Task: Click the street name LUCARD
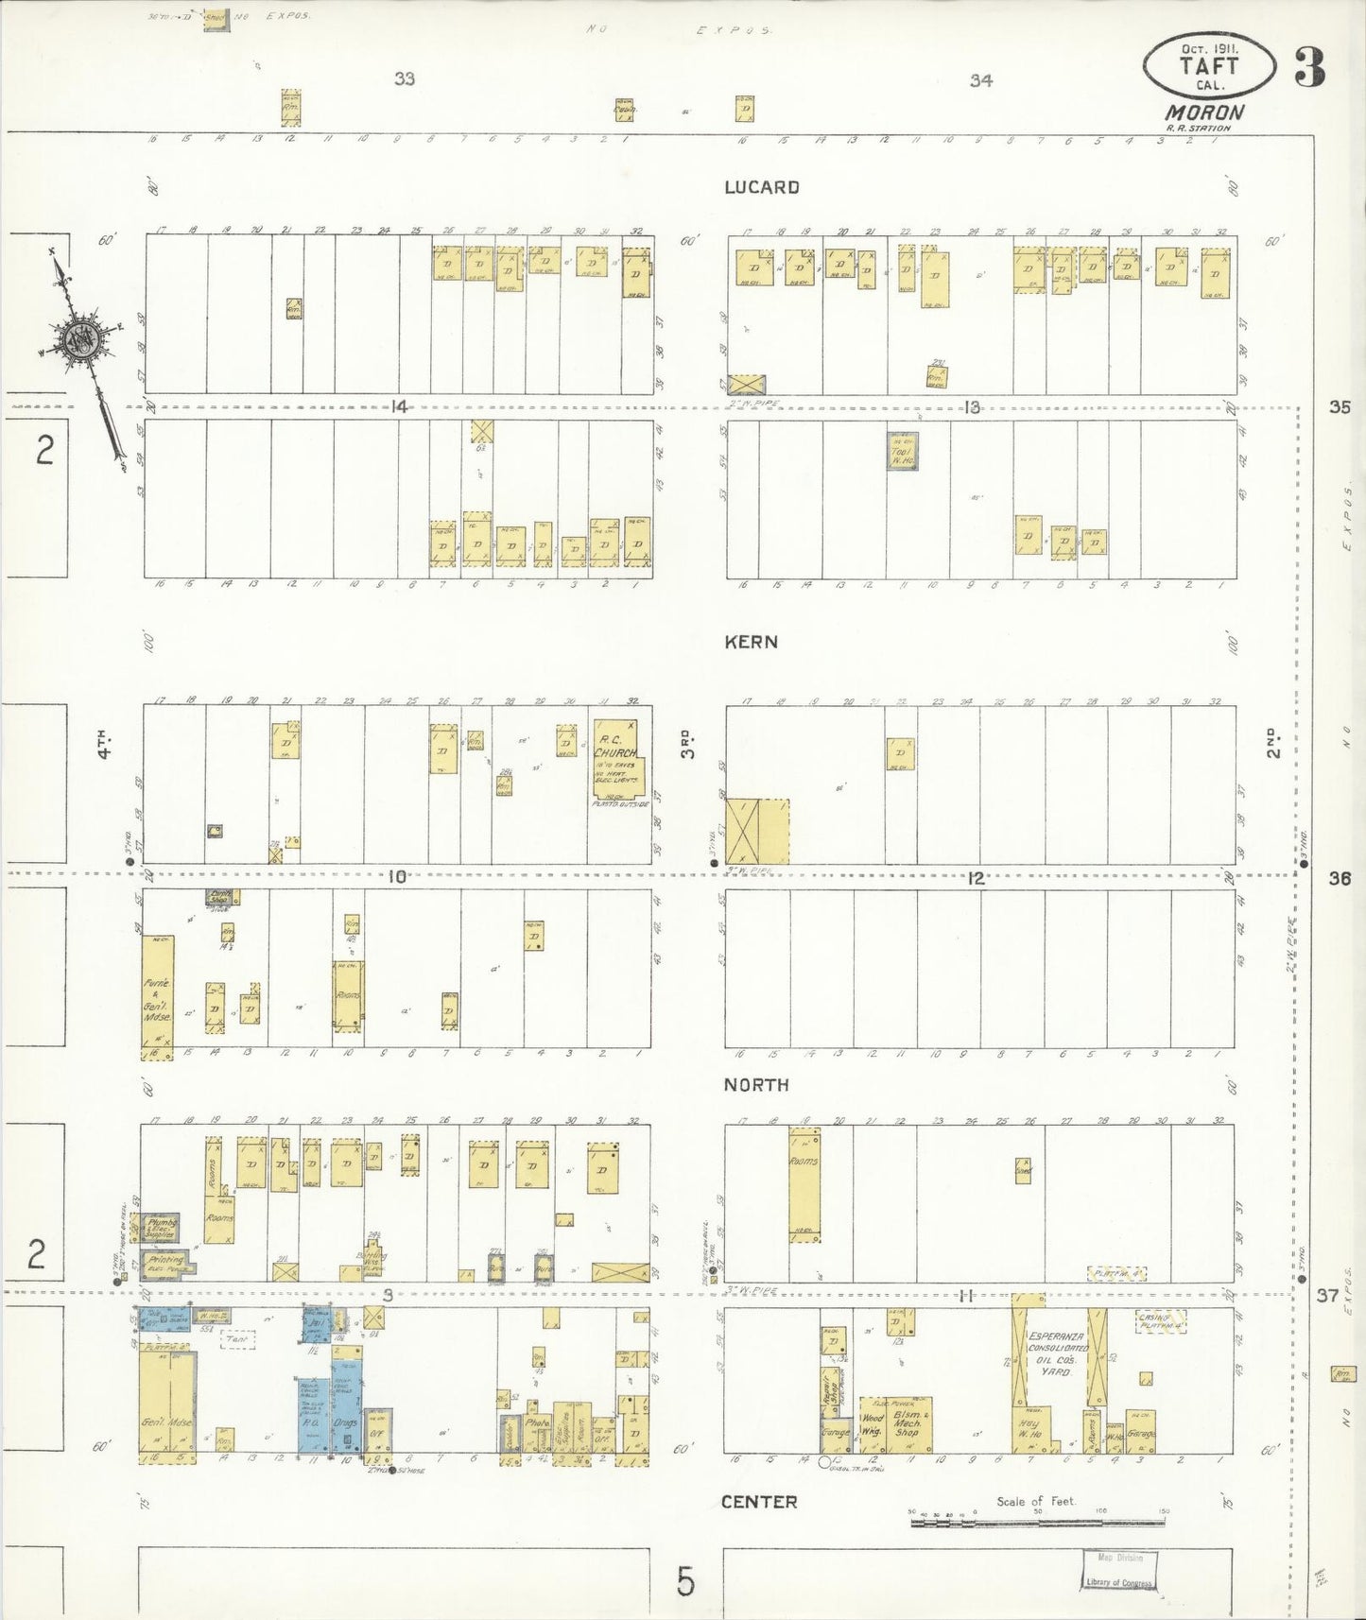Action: click(x=761, y=187)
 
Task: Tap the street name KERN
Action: click(x=751, y=642)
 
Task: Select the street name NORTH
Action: click(x=755, y=1085)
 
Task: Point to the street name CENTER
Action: click(x=758, y=1502)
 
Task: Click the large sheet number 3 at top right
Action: click(x=1308, y=66)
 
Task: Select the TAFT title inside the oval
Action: click(x=1208, y=66)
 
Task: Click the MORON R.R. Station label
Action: click(x=1203, y=115)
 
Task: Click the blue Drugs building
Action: click(x=345, y=1406)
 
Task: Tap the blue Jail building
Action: click(x=315, y=1325)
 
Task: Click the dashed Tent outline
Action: click(x=236, y=1339)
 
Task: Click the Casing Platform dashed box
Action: click(x=1160, y=1320)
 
